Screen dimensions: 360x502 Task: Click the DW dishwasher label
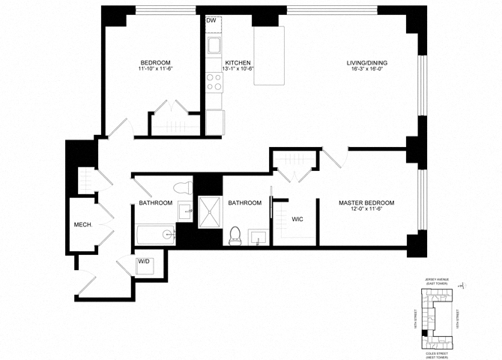(211, 21)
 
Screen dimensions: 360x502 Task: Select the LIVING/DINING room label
(366, 62)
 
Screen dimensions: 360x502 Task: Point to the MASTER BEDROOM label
(366, 203)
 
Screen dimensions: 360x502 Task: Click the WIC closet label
(297, 218)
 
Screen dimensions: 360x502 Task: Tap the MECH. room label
(82, 224)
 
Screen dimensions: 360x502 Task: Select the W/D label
(143, 262)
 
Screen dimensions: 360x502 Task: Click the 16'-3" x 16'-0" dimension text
(366, 70)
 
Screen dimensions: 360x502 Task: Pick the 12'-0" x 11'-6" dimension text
(366, 211)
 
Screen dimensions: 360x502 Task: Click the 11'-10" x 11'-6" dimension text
(155, 70)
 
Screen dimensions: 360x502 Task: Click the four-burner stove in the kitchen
(214, 81)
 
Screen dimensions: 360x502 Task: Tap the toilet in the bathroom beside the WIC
(235, 235)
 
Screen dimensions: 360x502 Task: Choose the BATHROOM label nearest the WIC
(244, 203)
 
